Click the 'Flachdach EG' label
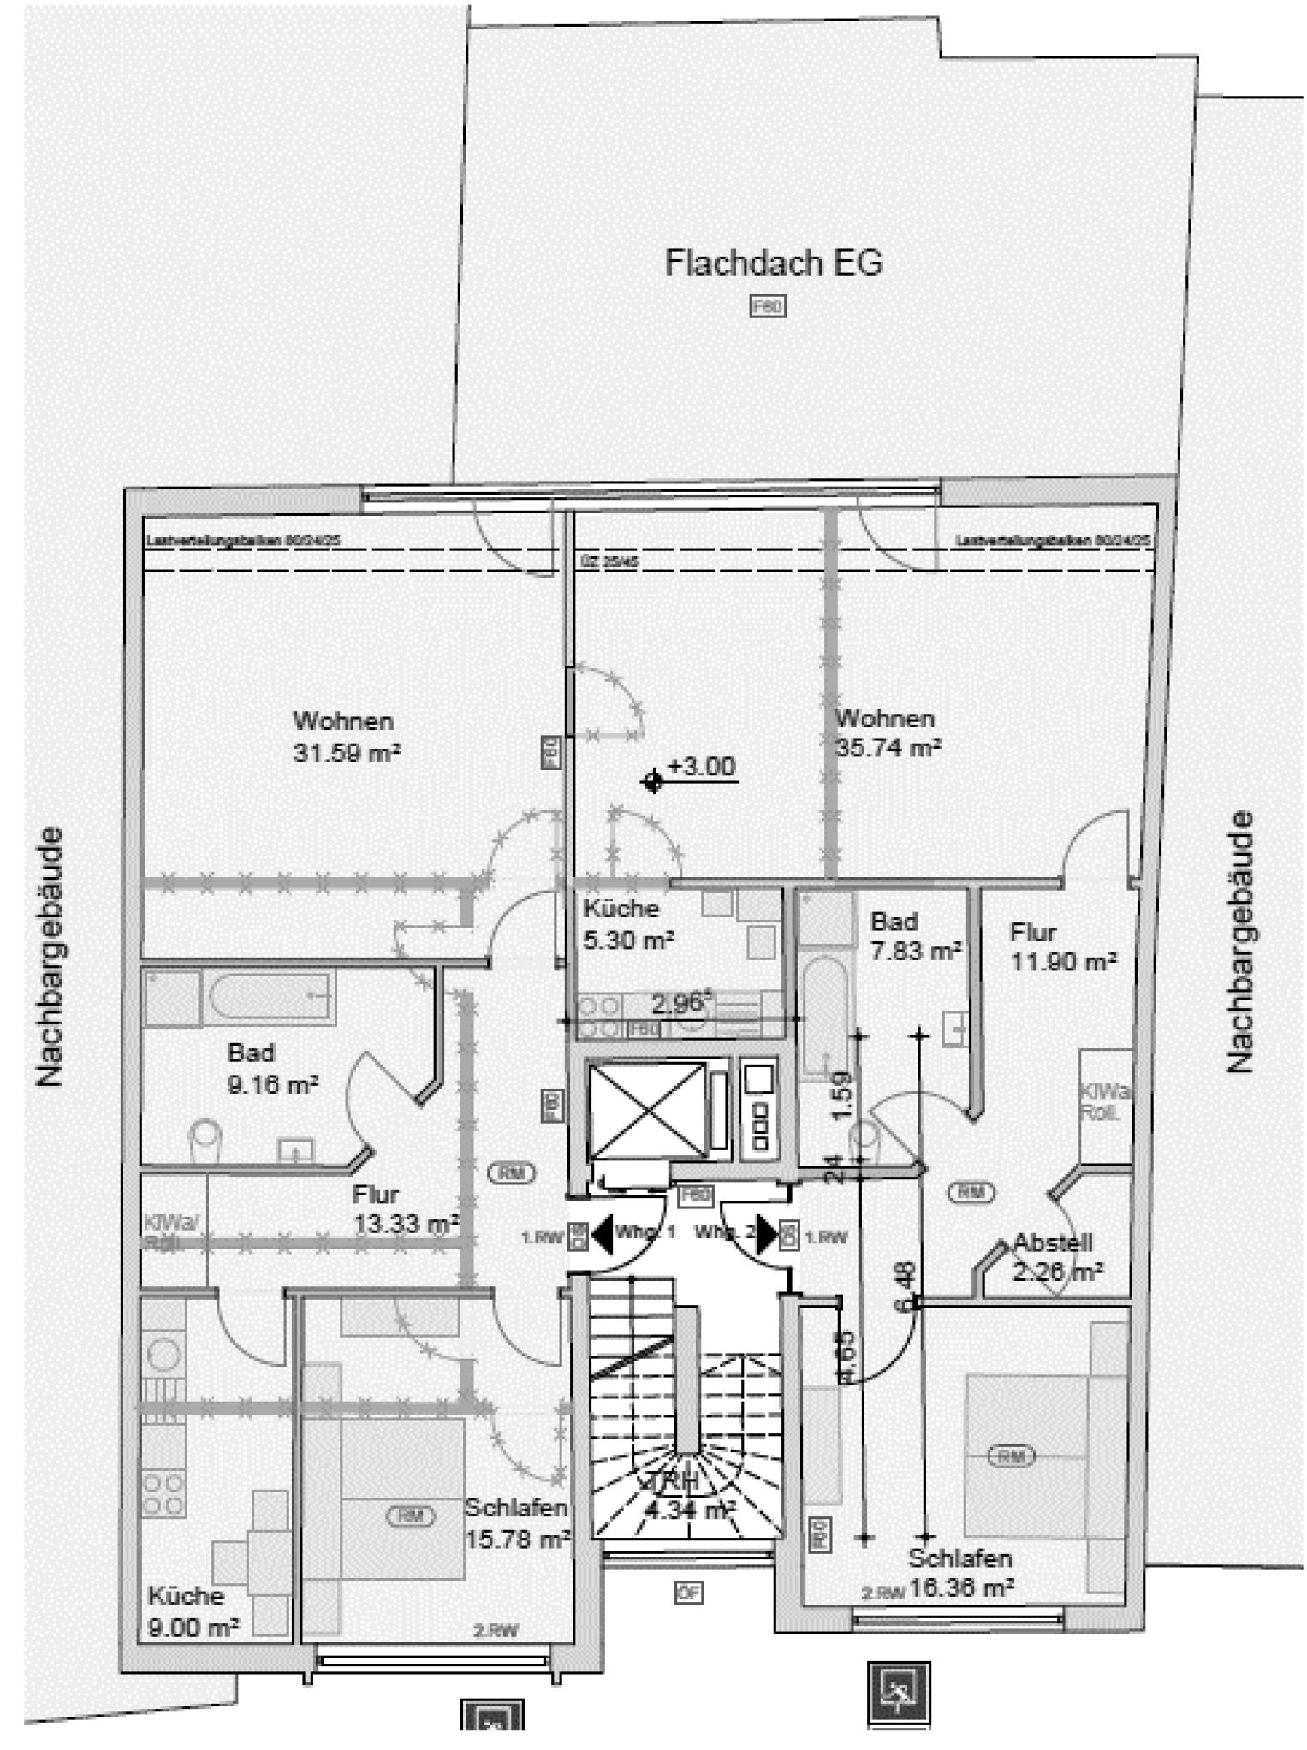[x=774, y=263]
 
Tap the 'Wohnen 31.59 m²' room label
[x=347, y=737]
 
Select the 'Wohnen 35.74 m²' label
[x=888, y=733]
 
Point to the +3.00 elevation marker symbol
[x=653, y=780]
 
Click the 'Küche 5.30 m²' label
[x=628, y=924]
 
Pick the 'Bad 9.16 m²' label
[x=272, y=1068]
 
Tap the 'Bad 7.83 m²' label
[x=915, y=936]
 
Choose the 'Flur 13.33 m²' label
[x=406, y=1208]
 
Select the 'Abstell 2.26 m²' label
[x=1056, y=1257]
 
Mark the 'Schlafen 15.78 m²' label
[x=517, y=1523]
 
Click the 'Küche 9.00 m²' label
[x=193, y=1611]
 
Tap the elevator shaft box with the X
[x=647, y=1110]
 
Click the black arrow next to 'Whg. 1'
[x=603, y=1235]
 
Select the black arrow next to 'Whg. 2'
[x=766, y=1235]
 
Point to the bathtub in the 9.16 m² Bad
[x=269, y=996]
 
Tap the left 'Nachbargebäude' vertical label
[x=50, y=956]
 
